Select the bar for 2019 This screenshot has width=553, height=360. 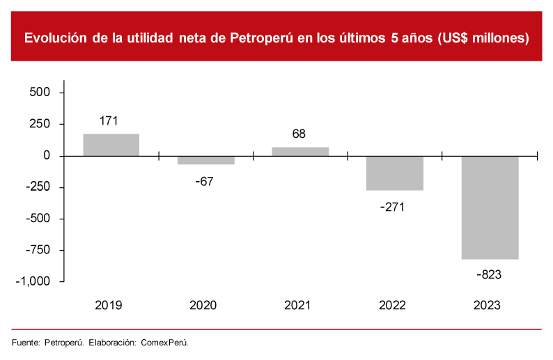[x=111, y=144]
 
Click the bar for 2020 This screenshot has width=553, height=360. [x=206, y=160]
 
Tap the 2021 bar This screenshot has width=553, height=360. [x=300, y=151]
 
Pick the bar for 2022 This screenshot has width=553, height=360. [x=395, y=173]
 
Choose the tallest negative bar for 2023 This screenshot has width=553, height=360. [x=490, y=208]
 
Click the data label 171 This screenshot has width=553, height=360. [x=109, y=120]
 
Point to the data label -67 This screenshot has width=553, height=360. [x=204, y=182]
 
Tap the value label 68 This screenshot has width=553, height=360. [x=299, y=134]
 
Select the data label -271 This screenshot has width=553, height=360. [x=393, y=207]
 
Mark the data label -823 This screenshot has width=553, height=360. [x=489, y=274]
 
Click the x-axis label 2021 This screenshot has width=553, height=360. [x=298, y=305]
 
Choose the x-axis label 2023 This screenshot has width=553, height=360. [x=487, y=305]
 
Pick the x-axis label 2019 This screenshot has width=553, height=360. [x=109, y=305]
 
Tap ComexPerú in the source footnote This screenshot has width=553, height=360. [x=165, y=343]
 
